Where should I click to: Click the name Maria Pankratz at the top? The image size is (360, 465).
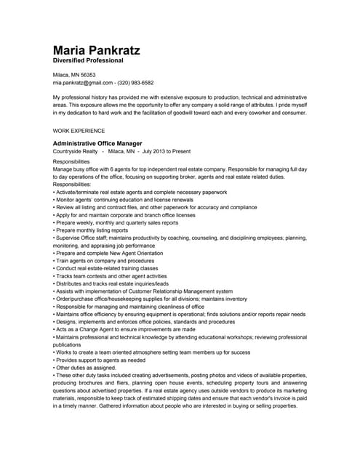[96, 51]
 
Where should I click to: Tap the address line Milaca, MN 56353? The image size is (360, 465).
[74, 75]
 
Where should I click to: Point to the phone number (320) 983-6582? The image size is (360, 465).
[132, 83]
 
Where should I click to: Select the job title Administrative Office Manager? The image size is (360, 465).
[97, 144]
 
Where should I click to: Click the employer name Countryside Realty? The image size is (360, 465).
[76, 152]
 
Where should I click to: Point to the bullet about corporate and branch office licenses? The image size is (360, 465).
[124, 214]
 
